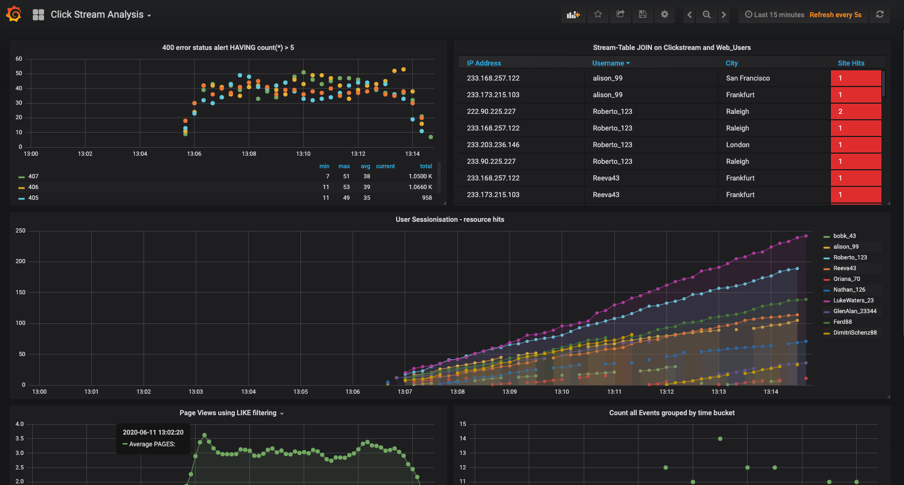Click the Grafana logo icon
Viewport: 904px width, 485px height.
coord(14,14)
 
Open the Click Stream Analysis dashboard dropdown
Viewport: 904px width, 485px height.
coord(100,15)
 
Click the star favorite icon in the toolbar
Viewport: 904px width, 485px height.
coord(598,15)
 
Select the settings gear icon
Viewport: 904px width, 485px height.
coord(664,15)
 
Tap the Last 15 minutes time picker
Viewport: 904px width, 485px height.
coord(774,15)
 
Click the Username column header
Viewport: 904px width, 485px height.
coord(611,63)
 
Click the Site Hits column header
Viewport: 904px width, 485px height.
coord(851,63)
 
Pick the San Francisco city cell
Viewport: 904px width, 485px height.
coord(748,78)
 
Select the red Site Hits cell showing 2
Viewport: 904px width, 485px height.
coord(856,112)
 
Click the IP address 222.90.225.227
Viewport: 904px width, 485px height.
coord(491,112)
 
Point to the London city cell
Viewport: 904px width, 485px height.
coord(737,145)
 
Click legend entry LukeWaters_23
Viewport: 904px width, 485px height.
coord(853,301)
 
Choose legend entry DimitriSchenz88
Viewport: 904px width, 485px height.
coord(855,333)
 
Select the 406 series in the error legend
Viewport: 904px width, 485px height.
coord(33,187)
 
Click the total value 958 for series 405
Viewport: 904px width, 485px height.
coord(427,198)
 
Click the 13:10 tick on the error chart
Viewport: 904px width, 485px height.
coord(303,154)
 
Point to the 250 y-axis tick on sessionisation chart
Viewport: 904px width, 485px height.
coord(20,231)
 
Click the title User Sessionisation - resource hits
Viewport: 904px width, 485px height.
coord(450,220)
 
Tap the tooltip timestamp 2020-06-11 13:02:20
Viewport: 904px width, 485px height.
coord(153,432)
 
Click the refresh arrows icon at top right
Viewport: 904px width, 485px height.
coord(879,15)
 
